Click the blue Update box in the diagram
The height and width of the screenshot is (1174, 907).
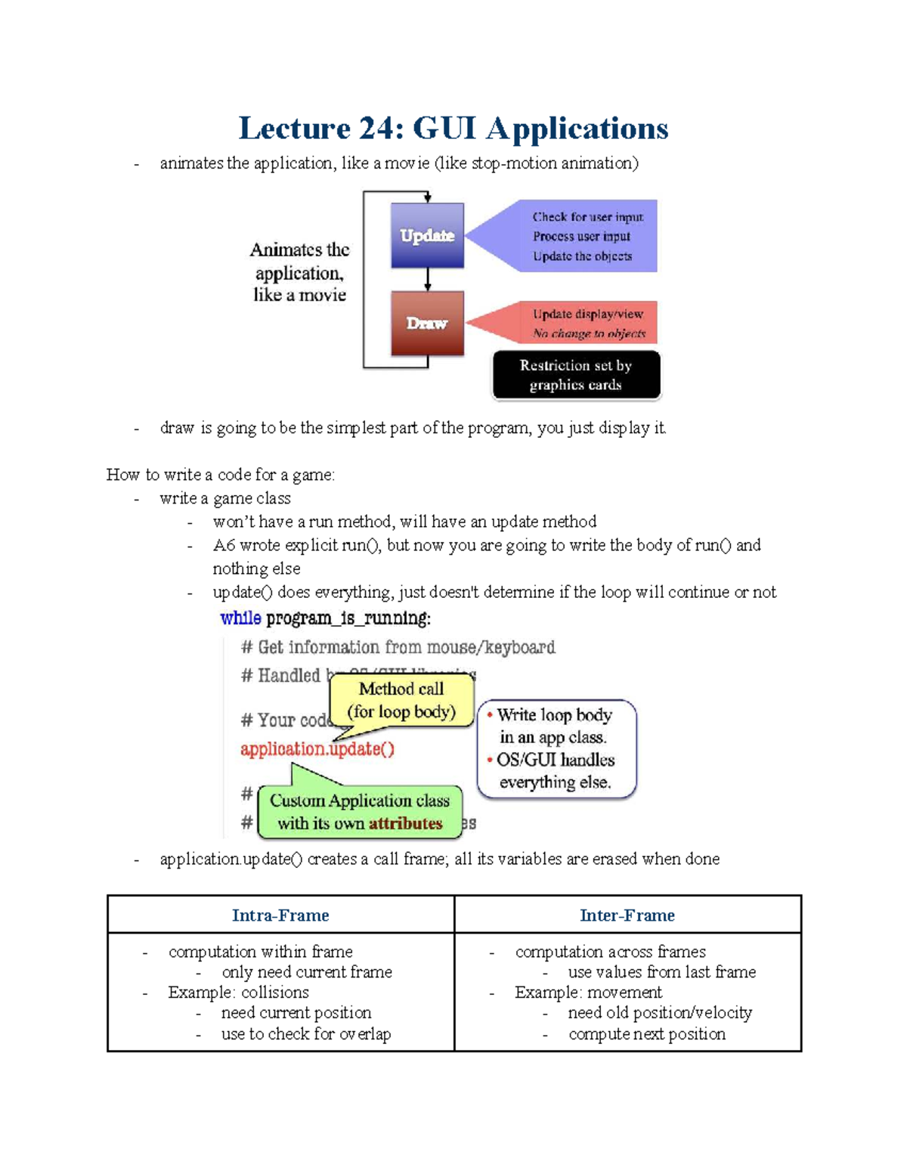(x=427, y=235)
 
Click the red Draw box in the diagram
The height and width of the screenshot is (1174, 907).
(x=427, y=323)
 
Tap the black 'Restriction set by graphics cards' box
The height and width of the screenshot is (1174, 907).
(x=576, y=375)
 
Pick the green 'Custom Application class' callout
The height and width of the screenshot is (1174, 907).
(x=360, y=812)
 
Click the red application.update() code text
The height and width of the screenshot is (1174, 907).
(x=317, y=749)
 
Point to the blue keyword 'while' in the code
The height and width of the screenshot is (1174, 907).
(x=240, y=618)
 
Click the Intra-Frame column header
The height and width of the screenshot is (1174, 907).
(x=280, y=915)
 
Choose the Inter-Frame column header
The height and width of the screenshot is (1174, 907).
(x=627, y=915)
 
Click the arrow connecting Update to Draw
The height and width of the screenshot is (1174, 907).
(x=428, y=280)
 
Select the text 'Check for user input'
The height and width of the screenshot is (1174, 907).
(x=588, y=217)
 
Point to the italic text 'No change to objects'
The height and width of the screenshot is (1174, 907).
(x=589, y=333)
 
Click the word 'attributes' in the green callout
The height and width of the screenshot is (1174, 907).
(x=405, y=823)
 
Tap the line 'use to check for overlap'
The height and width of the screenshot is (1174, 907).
(x=305, y=1033)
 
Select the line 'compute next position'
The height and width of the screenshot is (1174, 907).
(x=647, y=1033)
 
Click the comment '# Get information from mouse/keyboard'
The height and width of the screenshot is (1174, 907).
(x=398, y=647)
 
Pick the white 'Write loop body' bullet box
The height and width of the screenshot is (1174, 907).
(x=557, y=748)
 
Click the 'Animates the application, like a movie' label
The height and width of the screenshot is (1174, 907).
(x=299, y=272)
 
